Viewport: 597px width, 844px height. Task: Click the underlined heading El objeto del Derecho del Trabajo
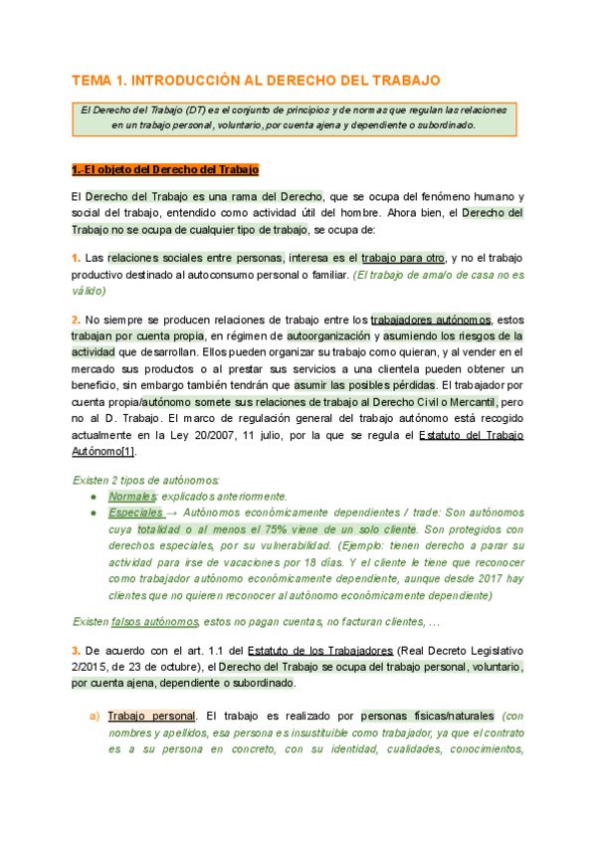click(x=165, y=169)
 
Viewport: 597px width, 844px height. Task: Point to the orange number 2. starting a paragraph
click(x=76, y=319)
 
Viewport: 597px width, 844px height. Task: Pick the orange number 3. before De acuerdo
click(x=76, y=650)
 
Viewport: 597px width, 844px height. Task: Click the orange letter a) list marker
click(x=95, y=716)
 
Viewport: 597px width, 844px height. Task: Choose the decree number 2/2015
click(x=91, y=667)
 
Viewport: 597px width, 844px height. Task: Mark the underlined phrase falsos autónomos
click(x=155, y=622)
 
